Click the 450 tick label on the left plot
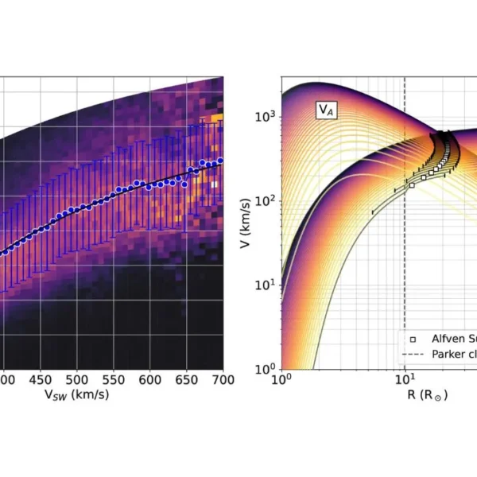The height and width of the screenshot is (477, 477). [x=40, y=381]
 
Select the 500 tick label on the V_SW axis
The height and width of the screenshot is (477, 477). [x=76, y=381]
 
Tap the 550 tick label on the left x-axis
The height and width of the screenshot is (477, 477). [x=113, y=381]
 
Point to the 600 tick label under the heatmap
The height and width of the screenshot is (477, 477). [x=149, y=381]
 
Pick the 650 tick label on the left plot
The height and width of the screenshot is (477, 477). [x=186, y=381]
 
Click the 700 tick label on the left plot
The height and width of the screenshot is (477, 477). [x=223, y=381]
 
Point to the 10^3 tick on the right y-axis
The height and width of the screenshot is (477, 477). [x=268, y=116]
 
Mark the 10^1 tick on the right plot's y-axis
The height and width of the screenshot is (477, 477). [x=268, y=285]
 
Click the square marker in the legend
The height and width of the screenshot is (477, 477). [x=414, y=338]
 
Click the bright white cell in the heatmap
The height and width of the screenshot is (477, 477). [x=214, y=184]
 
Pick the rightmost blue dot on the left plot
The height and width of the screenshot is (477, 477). [x=220, y=161]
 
